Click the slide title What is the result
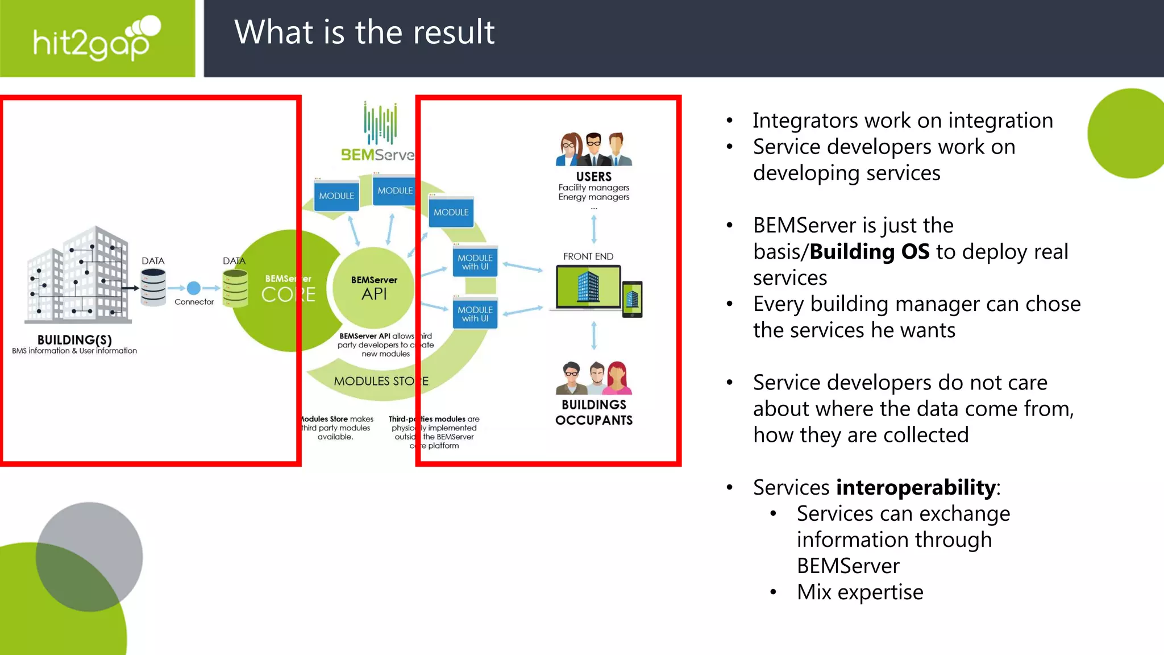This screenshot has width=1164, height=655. click(364, 32)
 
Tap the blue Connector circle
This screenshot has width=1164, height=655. click(194, 288)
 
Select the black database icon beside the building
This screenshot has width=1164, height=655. click(153, 287)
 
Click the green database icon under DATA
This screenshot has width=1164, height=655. click(235, 288)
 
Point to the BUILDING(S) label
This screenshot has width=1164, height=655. click(74, 340)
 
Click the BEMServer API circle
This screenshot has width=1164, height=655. click(373, 288)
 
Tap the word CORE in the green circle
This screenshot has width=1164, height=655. click(288, 295)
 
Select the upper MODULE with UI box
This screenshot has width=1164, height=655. click(475, 262)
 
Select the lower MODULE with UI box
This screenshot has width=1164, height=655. click(475, 314)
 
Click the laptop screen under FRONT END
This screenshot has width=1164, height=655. click(588, 287)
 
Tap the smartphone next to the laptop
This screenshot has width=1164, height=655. click(632, 299)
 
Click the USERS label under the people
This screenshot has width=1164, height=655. click(593, 177)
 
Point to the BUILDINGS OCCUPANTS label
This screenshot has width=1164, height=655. click(593, 412)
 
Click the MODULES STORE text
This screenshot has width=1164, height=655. click(381, 381)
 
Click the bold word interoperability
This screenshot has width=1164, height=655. click(916, 487)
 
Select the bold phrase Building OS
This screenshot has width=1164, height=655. click(869, 251)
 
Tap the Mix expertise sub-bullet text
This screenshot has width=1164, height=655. click(859, 592)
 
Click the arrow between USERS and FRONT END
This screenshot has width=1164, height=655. click(594, 230)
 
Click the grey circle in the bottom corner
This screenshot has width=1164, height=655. click(97, 546)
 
